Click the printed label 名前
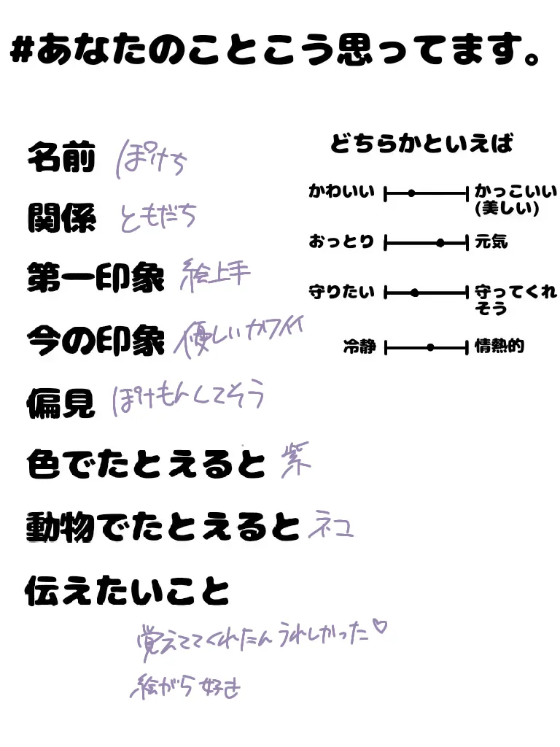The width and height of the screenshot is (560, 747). click(61, 158)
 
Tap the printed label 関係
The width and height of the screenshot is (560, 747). click(61, 218)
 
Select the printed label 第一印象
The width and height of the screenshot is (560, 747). click(96, 278)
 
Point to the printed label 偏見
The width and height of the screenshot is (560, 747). click(61, 403)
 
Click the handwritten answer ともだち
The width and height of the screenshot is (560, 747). click(158, 217)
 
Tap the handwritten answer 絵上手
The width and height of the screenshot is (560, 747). click(214, 274)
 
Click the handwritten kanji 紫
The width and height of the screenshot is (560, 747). click(295, 462)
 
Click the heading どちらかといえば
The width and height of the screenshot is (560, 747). click(421, 143)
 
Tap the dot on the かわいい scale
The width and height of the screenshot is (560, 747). click(411, 193)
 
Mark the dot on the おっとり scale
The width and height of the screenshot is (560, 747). click(440, 243)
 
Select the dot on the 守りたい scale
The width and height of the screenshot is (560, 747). click(415, 293)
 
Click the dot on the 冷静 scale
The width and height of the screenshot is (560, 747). click(430, 347)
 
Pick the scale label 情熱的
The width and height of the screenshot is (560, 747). click(499, 347)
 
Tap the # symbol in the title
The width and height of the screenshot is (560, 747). click(23, 53)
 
